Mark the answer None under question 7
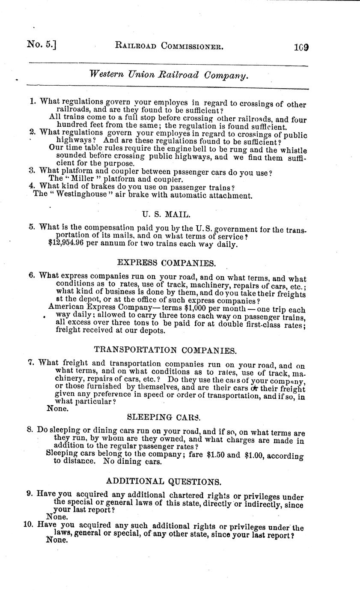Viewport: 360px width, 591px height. (x=57, y=409)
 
